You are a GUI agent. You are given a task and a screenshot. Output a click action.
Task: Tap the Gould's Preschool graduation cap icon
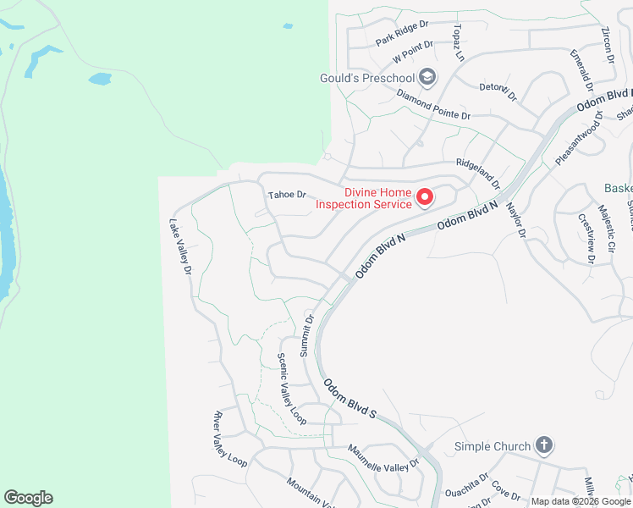click(x=427, y=79)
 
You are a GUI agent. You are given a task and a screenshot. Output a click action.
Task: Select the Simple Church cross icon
click(x=543, y=445)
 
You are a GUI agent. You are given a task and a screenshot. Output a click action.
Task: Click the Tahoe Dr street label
click(x=286, y=195)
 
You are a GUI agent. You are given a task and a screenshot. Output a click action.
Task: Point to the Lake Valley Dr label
click(x=181, y=248)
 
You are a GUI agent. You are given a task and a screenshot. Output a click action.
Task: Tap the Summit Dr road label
click(x=307, y=335)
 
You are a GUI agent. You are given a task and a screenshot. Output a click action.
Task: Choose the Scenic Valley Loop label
click(x=291, y=389)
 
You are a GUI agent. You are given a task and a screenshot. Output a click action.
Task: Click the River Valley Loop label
click(x=230, y=439)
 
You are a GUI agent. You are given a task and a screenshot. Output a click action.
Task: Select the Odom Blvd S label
click(x=348, y=397)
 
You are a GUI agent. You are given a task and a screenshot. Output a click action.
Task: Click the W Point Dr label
click(x=413, y=52)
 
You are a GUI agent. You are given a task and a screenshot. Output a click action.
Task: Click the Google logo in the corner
click(x=28, y=498)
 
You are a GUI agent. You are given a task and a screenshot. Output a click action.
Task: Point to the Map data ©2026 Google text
click(x=581, y=501)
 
